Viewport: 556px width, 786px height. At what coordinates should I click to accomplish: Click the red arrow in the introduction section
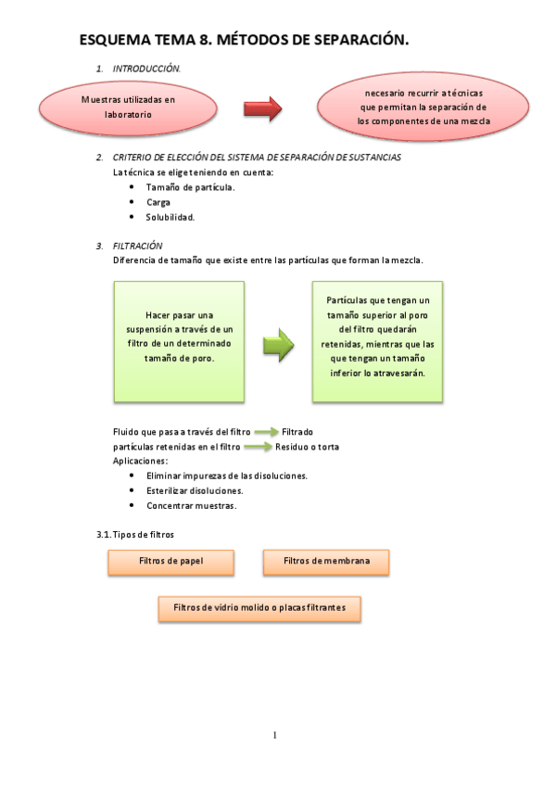pos(261,110)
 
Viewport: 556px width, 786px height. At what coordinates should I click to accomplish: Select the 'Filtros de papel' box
pos(171,562)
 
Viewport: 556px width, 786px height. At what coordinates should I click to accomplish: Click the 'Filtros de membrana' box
pos(326,562)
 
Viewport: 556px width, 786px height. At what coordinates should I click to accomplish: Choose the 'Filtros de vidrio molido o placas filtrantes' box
pos(259,608)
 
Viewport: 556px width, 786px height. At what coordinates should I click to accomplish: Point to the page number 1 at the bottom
pos(275,736)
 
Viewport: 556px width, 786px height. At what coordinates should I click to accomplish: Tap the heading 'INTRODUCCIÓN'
pos(146,70)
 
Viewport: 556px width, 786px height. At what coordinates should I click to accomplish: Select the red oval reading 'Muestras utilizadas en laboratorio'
pos(128,105)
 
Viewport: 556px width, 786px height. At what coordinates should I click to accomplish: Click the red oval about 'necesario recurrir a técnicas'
pos(423,108)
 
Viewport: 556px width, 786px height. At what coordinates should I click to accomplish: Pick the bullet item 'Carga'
pos(158,202)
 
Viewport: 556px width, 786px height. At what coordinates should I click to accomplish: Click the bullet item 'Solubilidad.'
pos(171,217)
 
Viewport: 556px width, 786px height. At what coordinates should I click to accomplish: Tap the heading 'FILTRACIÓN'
pos(137,246)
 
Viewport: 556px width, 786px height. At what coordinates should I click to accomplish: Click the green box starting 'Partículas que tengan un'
pos(377,340)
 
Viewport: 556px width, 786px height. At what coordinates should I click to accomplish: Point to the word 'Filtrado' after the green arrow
pos(297,432)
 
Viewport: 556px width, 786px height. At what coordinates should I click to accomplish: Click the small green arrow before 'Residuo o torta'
pos(258,447)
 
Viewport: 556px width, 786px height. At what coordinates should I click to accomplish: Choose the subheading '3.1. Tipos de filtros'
pos(136,535)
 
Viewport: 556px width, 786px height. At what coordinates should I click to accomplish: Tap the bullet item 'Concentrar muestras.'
pos(191,506)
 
